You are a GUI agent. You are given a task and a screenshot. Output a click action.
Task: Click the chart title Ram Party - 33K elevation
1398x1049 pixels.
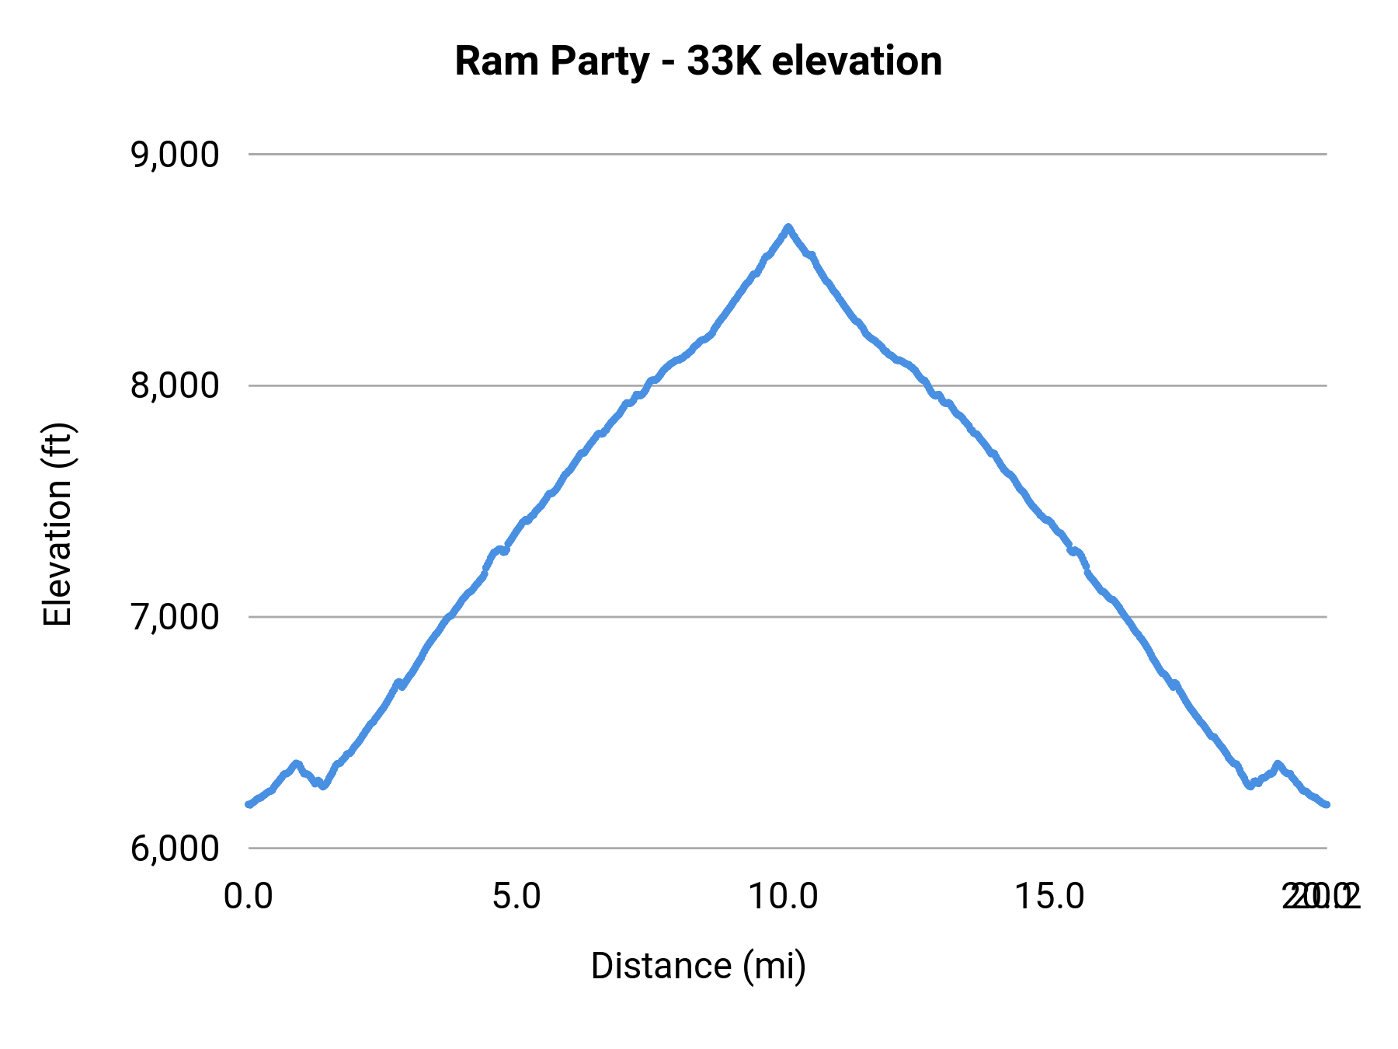(698, 61)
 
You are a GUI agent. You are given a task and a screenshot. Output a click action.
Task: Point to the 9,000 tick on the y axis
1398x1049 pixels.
(175, 155)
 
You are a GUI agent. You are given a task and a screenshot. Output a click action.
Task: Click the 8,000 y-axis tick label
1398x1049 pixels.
(175, 385)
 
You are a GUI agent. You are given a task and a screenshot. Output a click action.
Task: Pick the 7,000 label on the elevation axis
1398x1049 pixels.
(175, 617)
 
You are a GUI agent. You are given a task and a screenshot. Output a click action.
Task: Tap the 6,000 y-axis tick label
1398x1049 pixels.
(175, 849)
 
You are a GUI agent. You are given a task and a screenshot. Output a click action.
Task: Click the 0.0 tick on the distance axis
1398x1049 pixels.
(249, 897)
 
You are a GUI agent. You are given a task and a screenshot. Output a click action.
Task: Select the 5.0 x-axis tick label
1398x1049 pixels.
(517, 897)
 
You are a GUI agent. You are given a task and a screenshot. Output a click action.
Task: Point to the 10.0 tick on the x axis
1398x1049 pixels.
(783, 897)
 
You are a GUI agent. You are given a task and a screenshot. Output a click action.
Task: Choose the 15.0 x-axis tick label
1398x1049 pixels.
(1051, 897)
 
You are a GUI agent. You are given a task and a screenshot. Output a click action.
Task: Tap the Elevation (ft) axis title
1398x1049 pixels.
(57, 524)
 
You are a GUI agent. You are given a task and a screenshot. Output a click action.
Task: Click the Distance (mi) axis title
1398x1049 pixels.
(698, 966)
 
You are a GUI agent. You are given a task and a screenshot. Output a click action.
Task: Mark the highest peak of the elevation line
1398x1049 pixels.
(788, 227)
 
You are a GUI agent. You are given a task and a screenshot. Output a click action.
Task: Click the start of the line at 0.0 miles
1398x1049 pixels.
(249, 804)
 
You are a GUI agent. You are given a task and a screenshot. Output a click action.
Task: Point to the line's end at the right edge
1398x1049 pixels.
(1327, 804)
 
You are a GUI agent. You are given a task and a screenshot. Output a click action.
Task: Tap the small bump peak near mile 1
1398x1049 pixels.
(295, 764)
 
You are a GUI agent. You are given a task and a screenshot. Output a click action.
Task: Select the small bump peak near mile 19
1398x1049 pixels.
(1277, 764)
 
